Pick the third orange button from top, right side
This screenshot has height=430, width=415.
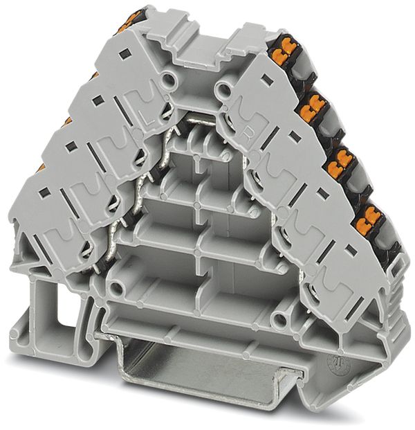(341, 165)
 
